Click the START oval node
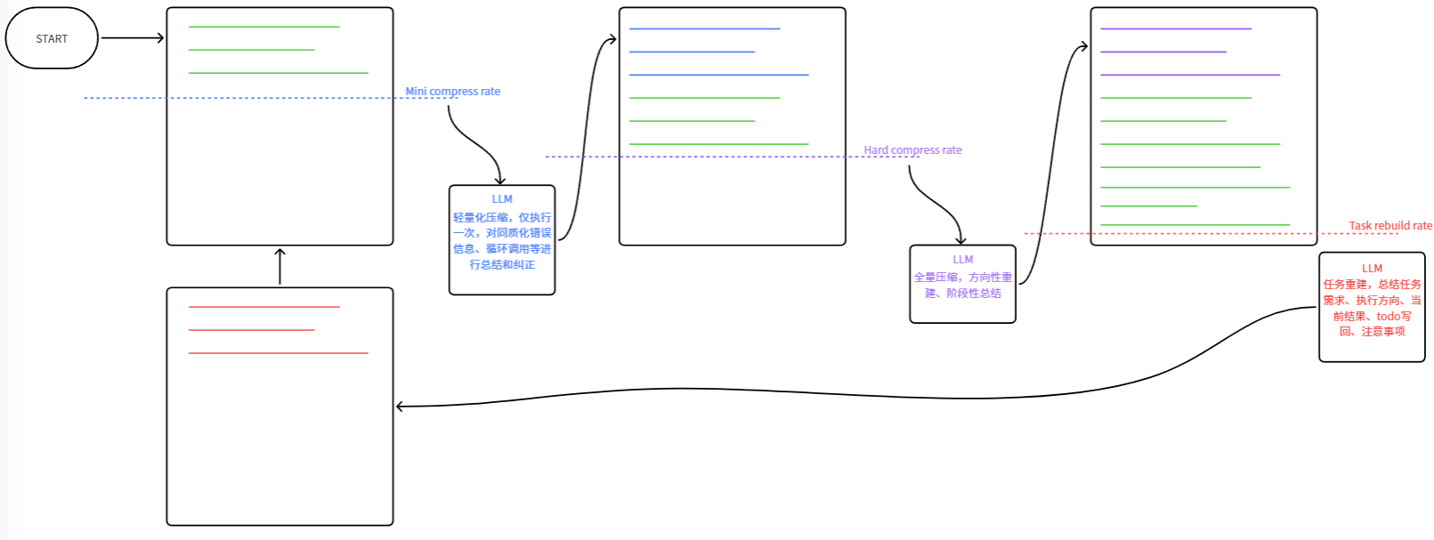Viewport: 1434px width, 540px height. tap(52, 38)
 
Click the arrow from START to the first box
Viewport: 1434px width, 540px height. tap(133, 38)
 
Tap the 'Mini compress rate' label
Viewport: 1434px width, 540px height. tap(453, 92)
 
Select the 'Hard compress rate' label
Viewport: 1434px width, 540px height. tap(912, 149)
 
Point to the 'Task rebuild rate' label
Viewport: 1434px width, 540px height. tap(1390, 225)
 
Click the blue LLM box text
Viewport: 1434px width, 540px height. tap(502, 232)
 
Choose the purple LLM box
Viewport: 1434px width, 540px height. tap(963, 284)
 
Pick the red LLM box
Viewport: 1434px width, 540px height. tap(1372, 307)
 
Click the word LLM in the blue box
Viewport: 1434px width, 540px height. tap(502, 199)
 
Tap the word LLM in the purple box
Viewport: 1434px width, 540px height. tap(963, 260)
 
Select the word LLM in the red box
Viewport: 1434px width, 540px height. tap(1372, 269)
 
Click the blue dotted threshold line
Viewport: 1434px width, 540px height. tap(270, 98)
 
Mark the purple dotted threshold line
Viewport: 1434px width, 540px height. tap(732, 157)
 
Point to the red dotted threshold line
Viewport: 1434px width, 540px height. tap(1212, 233)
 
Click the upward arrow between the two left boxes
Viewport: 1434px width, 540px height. tap(279, 267)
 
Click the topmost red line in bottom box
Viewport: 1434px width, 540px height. tap(263, 307)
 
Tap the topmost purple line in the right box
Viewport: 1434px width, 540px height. tap(1176, 28)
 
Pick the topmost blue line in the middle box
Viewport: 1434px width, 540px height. tap(705, 28)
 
